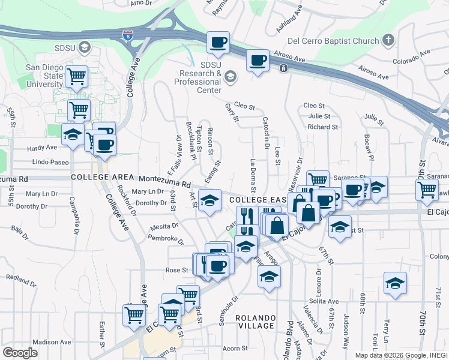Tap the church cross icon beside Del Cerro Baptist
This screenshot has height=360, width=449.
[388, 41]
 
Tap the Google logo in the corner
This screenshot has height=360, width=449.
[20, 352]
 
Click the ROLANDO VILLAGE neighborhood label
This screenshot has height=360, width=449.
[255, 321]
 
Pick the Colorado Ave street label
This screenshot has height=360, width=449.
[412, 61]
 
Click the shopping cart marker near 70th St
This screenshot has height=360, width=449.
[427, 190]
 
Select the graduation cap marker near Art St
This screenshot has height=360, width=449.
[209, 200]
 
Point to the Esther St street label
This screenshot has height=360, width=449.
[103, 334]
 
